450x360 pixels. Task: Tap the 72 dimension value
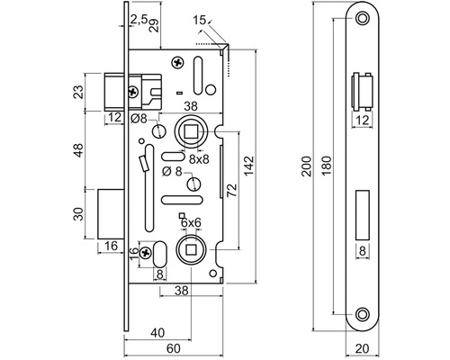point(231,190)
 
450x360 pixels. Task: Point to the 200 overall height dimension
point(307,166)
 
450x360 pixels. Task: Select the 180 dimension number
point(327,166)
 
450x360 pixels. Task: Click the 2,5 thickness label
point(139,20)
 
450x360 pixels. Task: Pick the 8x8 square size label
point(199,159)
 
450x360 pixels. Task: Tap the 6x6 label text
point(191,223)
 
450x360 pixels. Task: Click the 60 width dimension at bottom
point(174,348)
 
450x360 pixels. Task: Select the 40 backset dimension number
point(157,333)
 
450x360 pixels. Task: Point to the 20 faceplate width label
point(363,349)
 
